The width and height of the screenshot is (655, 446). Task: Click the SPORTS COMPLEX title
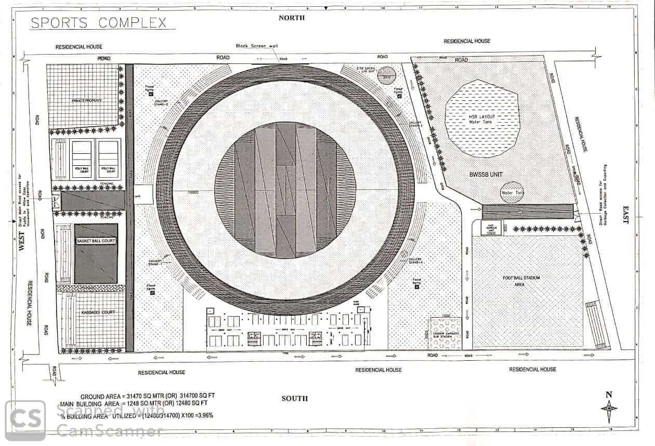(x=99, y=23)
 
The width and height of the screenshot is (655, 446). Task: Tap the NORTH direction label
(x=291, y=18)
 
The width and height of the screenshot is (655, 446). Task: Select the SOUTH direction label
(x=295, y=398)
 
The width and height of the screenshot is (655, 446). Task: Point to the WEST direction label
(x=22, y=245)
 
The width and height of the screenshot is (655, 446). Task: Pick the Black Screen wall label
(x=257, y=46)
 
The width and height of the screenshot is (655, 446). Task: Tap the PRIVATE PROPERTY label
(x=86, y=100)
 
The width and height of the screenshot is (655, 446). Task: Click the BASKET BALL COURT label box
(x=96, y=241)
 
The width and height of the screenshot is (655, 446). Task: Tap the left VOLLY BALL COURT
(x=83, y=159)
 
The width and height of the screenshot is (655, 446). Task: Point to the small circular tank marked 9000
(x=386, y=75)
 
